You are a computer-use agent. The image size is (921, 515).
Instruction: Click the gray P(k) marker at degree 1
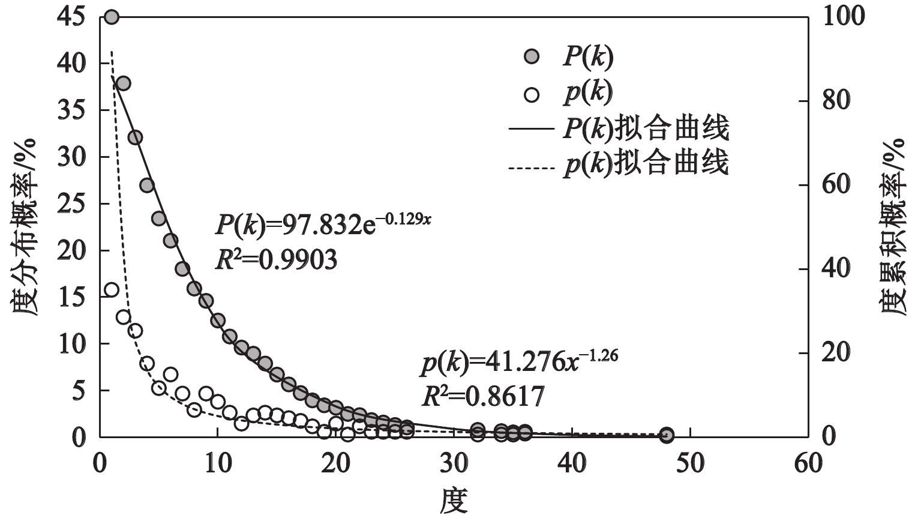click(112, 17)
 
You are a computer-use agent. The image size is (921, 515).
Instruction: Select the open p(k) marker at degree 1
click(112, 290)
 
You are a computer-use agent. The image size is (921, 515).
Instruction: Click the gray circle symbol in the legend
click(532, 57)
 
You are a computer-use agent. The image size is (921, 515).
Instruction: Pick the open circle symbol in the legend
click(532, 94)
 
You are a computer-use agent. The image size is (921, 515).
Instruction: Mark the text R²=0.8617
click(484, 396)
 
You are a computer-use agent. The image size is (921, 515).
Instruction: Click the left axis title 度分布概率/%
click(24, 227)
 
